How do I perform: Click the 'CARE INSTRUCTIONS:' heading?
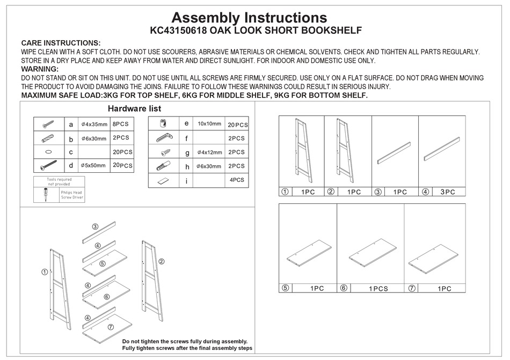(x=61, y=43)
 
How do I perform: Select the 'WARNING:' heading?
(x=40, y=69)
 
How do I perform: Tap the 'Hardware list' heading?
(x=134, y=108)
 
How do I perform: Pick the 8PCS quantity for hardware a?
(x=121, y=124)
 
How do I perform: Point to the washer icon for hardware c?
(x=48, y=152)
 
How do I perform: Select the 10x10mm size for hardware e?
(x=209, y=123)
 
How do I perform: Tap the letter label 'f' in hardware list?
(x=187, y=138)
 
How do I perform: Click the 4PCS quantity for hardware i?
(x=237, y=180)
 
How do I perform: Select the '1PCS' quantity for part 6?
(x=378, y=288)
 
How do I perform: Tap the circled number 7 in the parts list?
(x=412, y=288)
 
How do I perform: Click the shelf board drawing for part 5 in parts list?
(x=309, y=252)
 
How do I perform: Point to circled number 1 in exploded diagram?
(x=44, y=272)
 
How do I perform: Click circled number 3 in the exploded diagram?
(x=94, y=227)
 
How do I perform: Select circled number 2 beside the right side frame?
(x=161, y=261)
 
